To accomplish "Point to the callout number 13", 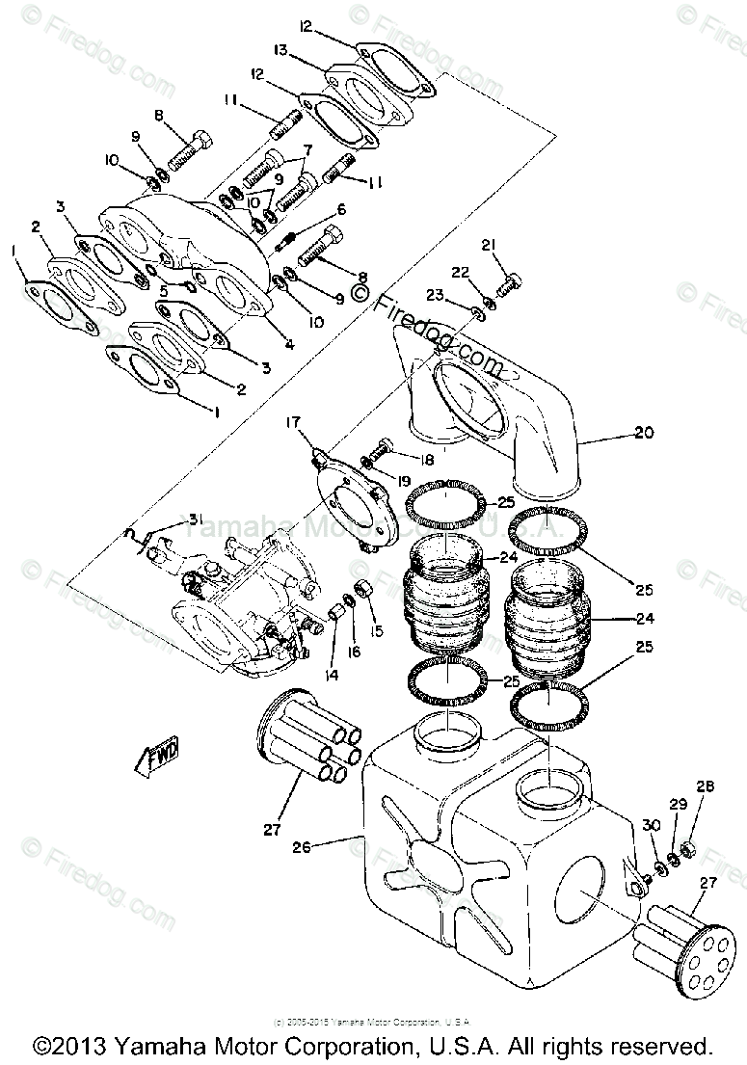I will (280, 50).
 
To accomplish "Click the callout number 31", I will (196, 521).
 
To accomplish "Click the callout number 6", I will (340, 210).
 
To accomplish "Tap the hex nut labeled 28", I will (688, 848).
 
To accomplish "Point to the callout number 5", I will (164, 289).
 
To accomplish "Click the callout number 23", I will (437, 296).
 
